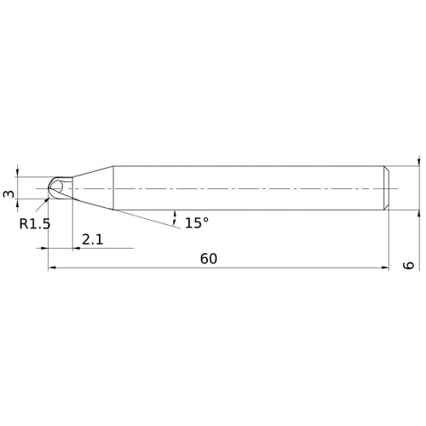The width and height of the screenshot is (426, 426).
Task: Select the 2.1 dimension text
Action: point(93,239)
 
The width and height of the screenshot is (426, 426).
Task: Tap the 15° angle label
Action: point(196,222)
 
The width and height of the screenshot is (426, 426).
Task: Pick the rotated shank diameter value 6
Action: point(410,266)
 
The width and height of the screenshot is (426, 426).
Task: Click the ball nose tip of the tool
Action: point(53,187)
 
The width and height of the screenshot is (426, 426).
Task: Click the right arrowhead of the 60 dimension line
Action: point(384,268)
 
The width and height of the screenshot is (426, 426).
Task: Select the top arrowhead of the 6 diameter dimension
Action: point(418,161)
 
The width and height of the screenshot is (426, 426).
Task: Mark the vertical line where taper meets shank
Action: point(115,187)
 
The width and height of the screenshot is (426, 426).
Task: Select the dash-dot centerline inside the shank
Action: point(256,187)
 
